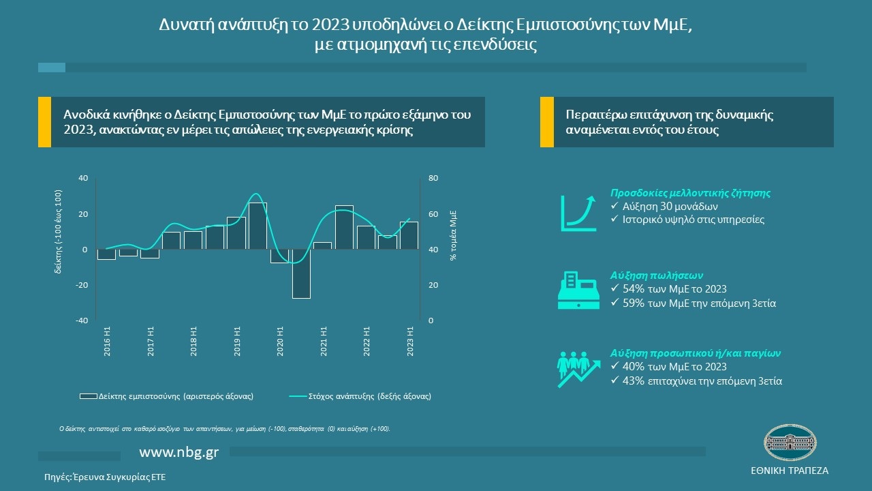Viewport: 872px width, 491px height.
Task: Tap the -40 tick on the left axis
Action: pos(82,321)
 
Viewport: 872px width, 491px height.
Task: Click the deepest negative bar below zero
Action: pos(301,273)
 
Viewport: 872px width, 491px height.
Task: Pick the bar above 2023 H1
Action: pos(409,236)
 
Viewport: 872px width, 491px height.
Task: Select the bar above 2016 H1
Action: pos(106,254)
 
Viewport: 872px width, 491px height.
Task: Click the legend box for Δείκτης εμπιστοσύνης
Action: pos(89,396)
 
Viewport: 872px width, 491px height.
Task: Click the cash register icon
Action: pos(578,289)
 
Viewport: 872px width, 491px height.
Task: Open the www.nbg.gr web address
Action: pos(178,452)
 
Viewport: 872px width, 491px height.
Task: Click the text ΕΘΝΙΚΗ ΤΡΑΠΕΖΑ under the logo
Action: pos(789,471)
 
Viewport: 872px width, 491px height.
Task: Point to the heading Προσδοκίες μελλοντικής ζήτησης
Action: pos(690,193)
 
